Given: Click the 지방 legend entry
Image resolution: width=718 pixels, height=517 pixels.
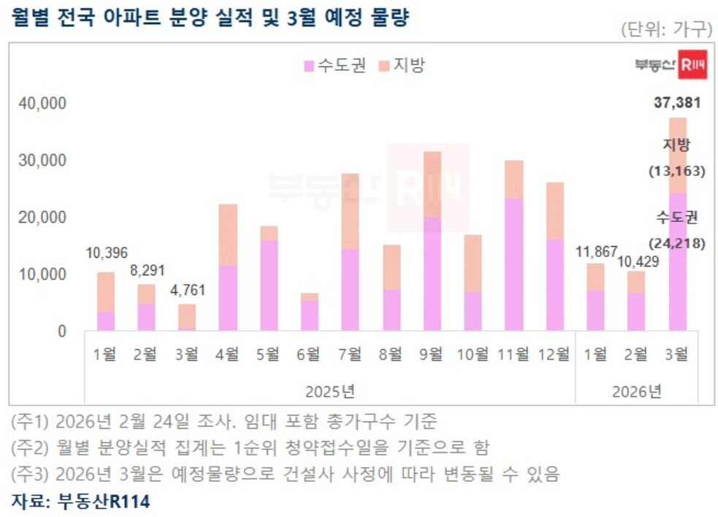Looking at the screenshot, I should click(x=402, y=65).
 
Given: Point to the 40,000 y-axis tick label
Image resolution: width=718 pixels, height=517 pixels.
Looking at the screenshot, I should click(x=42, y=104).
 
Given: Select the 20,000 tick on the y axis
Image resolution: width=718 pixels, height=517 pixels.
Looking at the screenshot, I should click(x=42, y=218).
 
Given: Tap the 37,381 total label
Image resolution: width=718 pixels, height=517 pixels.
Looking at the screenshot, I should click(x=676, y=103).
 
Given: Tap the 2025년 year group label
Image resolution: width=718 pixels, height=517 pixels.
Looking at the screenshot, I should click(x=330, y=391).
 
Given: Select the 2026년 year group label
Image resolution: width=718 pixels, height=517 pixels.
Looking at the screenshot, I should click(x=637, y=391).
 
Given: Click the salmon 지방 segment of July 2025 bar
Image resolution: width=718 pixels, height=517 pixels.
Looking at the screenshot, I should click(x=350, y=212).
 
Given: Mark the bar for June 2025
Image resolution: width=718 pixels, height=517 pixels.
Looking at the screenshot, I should click(x=309, y=313).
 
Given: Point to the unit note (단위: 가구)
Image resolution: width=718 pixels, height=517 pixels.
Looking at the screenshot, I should click(x=665, y=30).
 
